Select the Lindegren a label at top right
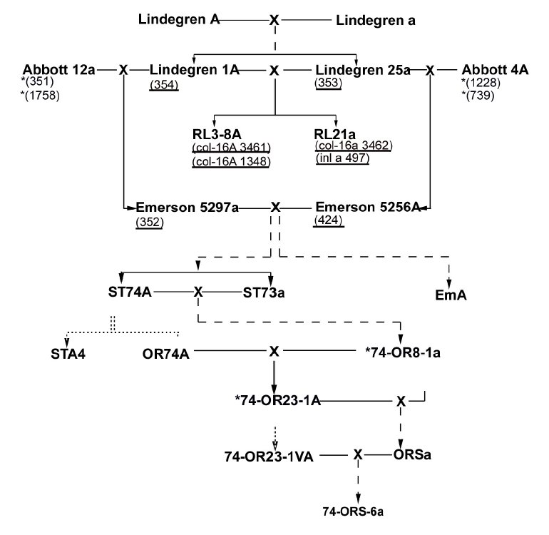(376, 19)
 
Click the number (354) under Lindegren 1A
(163, 85)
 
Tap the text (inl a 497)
(342, 158)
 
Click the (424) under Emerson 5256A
(329, 221)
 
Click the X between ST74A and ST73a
(199, 292)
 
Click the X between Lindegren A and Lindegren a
(274, 19)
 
